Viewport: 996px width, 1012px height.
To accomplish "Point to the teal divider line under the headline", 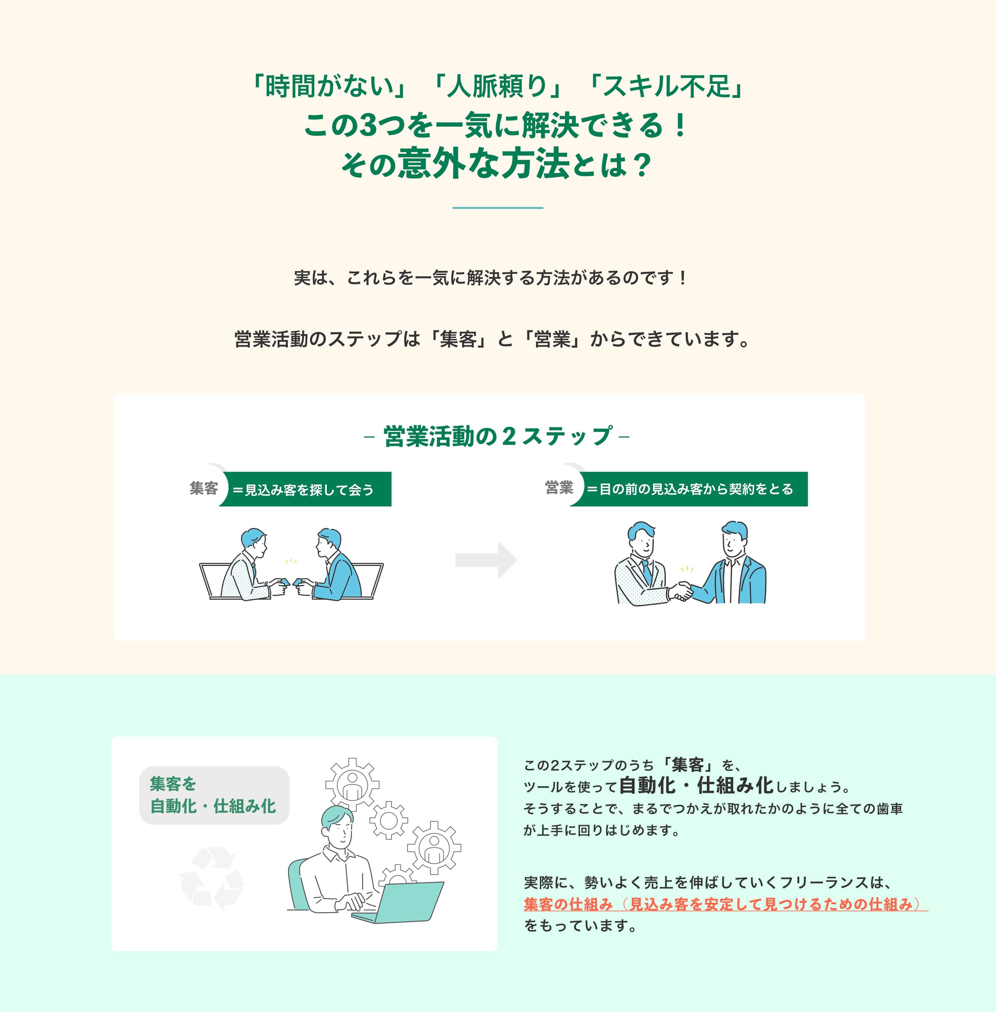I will click(x=497, y=208).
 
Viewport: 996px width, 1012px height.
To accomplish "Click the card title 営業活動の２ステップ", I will click(x=497, y=436).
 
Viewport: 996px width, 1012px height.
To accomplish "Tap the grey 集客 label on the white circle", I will click(x=203, y=488).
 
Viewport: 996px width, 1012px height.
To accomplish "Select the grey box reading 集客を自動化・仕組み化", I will click(x=213, y=795).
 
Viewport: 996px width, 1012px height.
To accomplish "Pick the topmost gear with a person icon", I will click(x=352, y=784).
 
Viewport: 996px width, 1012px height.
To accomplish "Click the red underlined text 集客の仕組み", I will click(x=568, y=904).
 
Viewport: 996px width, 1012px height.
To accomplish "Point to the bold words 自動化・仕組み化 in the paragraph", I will click(x=696, y=786).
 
